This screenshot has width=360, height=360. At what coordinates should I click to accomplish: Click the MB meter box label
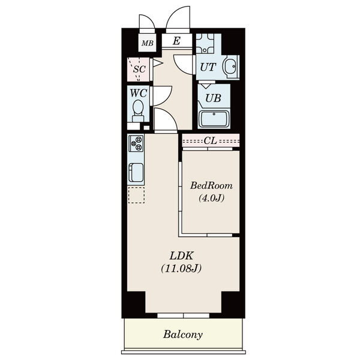pos(147,43)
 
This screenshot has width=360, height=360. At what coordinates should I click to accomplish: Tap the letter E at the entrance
pos(176,41)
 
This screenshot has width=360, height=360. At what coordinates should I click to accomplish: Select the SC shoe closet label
pos(140,69)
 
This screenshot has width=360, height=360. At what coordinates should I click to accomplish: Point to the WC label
pos(139,93)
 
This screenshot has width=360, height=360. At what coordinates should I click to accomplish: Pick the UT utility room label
pos(208,67)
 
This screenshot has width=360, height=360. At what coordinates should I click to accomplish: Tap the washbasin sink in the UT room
pos(230,67)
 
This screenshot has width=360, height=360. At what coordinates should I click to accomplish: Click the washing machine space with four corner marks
pos(205,43)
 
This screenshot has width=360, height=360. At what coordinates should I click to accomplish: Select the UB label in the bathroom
pos(213,98)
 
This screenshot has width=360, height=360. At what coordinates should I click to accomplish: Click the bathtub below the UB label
pos(214,119)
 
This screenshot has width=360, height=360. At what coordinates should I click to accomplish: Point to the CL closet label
pos(211,141)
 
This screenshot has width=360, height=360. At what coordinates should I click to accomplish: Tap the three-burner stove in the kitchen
pos(136,143)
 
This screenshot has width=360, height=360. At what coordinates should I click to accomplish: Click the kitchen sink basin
pos(136,172)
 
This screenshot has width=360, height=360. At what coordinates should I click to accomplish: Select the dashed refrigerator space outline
pos(136,196)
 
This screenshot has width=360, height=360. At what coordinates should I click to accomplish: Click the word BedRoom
pos(211,185)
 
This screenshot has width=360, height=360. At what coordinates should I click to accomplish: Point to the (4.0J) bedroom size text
pos(211,197)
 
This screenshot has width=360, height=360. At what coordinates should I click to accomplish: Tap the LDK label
pos(181,256)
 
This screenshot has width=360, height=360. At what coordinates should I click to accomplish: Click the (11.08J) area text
pos(181,268)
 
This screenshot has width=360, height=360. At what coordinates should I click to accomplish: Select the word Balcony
pos(183,335)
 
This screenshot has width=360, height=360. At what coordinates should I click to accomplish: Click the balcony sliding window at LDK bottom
pos(183,315)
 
